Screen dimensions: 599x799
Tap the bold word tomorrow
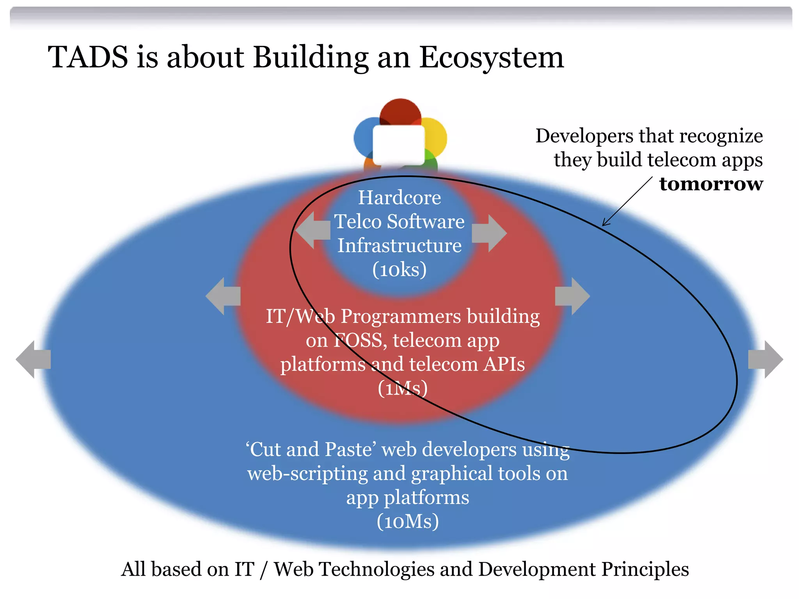point(711,184)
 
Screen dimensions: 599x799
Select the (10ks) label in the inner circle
point(399,269)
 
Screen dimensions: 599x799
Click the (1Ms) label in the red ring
point(403,388)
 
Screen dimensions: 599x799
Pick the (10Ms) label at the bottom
point(408,521)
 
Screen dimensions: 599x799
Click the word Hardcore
point(399,198)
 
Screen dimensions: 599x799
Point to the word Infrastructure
point(399,246)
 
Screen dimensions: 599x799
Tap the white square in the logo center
point(399,145)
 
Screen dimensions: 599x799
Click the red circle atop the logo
point(400,111)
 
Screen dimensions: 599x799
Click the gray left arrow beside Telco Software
point(312,230)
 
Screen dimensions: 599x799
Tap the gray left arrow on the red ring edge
point(222,296)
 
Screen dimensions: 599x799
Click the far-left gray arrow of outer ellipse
point(33,359)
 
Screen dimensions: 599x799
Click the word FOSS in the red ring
point(359,340)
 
